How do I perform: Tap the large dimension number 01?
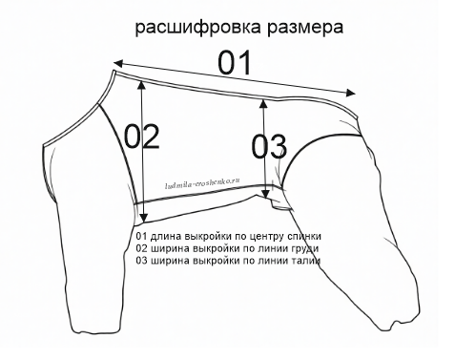click(234, 63)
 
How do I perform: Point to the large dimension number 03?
click(268, 148)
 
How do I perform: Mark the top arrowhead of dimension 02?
click(142, 83)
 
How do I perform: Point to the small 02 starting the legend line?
click(142, 247)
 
